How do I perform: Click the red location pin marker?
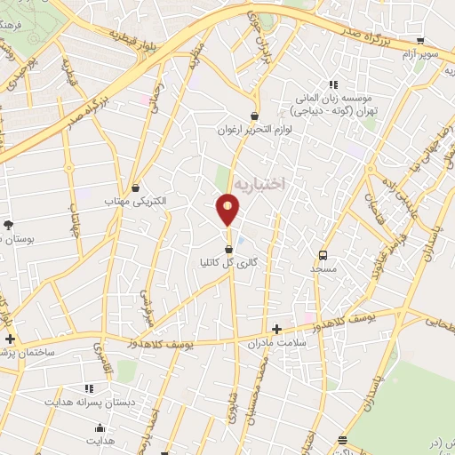coord(228,211)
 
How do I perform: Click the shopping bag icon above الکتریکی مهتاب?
coord(135,188)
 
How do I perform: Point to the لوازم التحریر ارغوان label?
coord(255,130)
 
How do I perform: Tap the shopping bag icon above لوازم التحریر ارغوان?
coord(255,116)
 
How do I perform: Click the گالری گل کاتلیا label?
coord(230,264)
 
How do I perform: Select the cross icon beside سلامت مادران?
coord(276,328)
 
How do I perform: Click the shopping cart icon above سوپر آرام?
coord(419,40)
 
